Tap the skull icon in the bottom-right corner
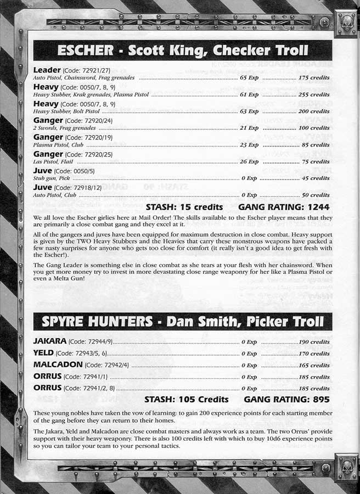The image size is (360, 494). tap(346, 467)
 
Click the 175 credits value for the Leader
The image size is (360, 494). tap(314, 78)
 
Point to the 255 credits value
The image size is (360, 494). tap(314, 94)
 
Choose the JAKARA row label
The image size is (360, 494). tap(52, 341)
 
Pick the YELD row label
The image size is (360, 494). tap(44, 353)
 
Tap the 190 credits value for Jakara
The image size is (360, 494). tap(314, 342)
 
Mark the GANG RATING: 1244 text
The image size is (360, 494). tap(284, 207)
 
